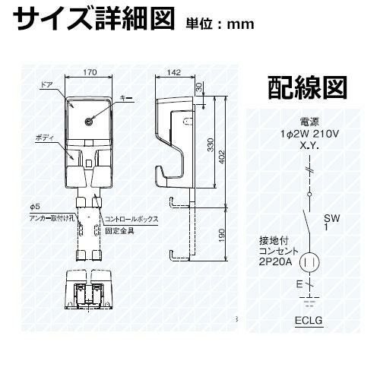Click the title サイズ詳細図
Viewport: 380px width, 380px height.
(94, 18)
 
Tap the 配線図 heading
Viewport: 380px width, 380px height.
(307, 88)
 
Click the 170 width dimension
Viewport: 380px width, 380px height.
(90, 72)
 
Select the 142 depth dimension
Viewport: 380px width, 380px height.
(174, 72)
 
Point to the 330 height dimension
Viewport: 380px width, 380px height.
(211, 144)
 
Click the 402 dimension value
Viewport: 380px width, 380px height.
(221, 157)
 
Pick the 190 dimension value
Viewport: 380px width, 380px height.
(221, 236)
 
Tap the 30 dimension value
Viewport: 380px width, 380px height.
(200, 87)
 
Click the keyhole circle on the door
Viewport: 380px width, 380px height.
(89, 122)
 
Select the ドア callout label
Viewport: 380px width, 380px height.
(46, 85)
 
